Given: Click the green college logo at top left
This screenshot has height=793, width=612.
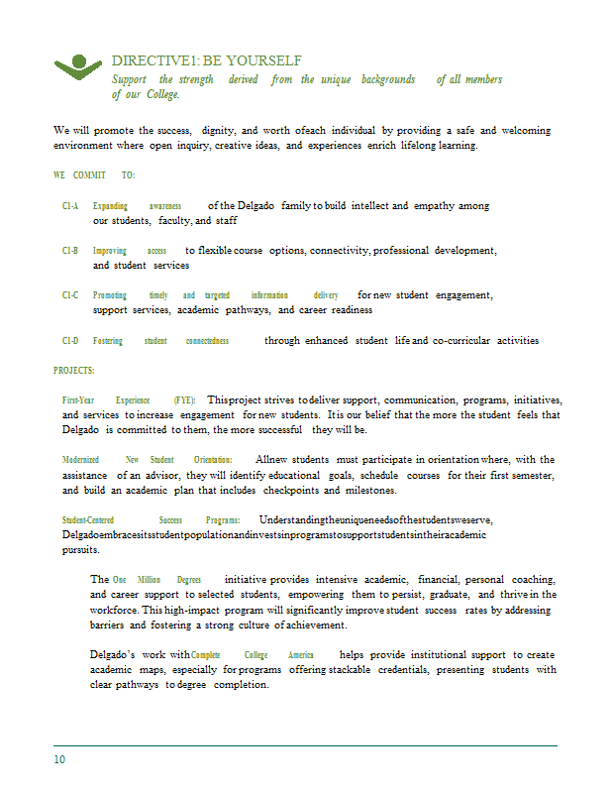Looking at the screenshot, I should point(77,66).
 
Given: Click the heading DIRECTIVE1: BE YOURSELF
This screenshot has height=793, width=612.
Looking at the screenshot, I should point(206,61).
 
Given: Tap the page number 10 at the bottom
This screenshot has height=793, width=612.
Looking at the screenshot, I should point(59,760).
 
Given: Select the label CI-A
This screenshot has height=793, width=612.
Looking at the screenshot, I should point(70,206).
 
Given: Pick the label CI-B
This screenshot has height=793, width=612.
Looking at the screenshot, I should point(70,251).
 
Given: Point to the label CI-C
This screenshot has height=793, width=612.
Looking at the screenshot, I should point(70,295).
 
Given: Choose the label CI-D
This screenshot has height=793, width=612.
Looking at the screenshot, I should point(70,341).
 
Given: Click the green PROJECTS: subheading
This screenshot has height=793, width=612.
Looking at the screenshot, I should point(74,371).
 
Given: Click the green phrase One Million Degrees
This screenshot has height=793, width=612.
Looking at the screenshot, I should point(156,579).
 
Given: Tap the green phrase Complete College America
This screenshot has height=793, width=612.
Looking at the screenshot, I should point(252,655).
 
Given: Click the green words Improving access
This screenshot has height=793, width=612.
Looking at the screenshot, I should point(129,251).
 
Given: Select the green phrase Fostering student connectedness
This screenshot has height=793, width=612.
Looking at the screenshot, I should point(160,341).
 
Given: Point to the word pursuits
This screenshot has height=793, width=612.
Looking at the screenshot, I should point(80,549).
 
